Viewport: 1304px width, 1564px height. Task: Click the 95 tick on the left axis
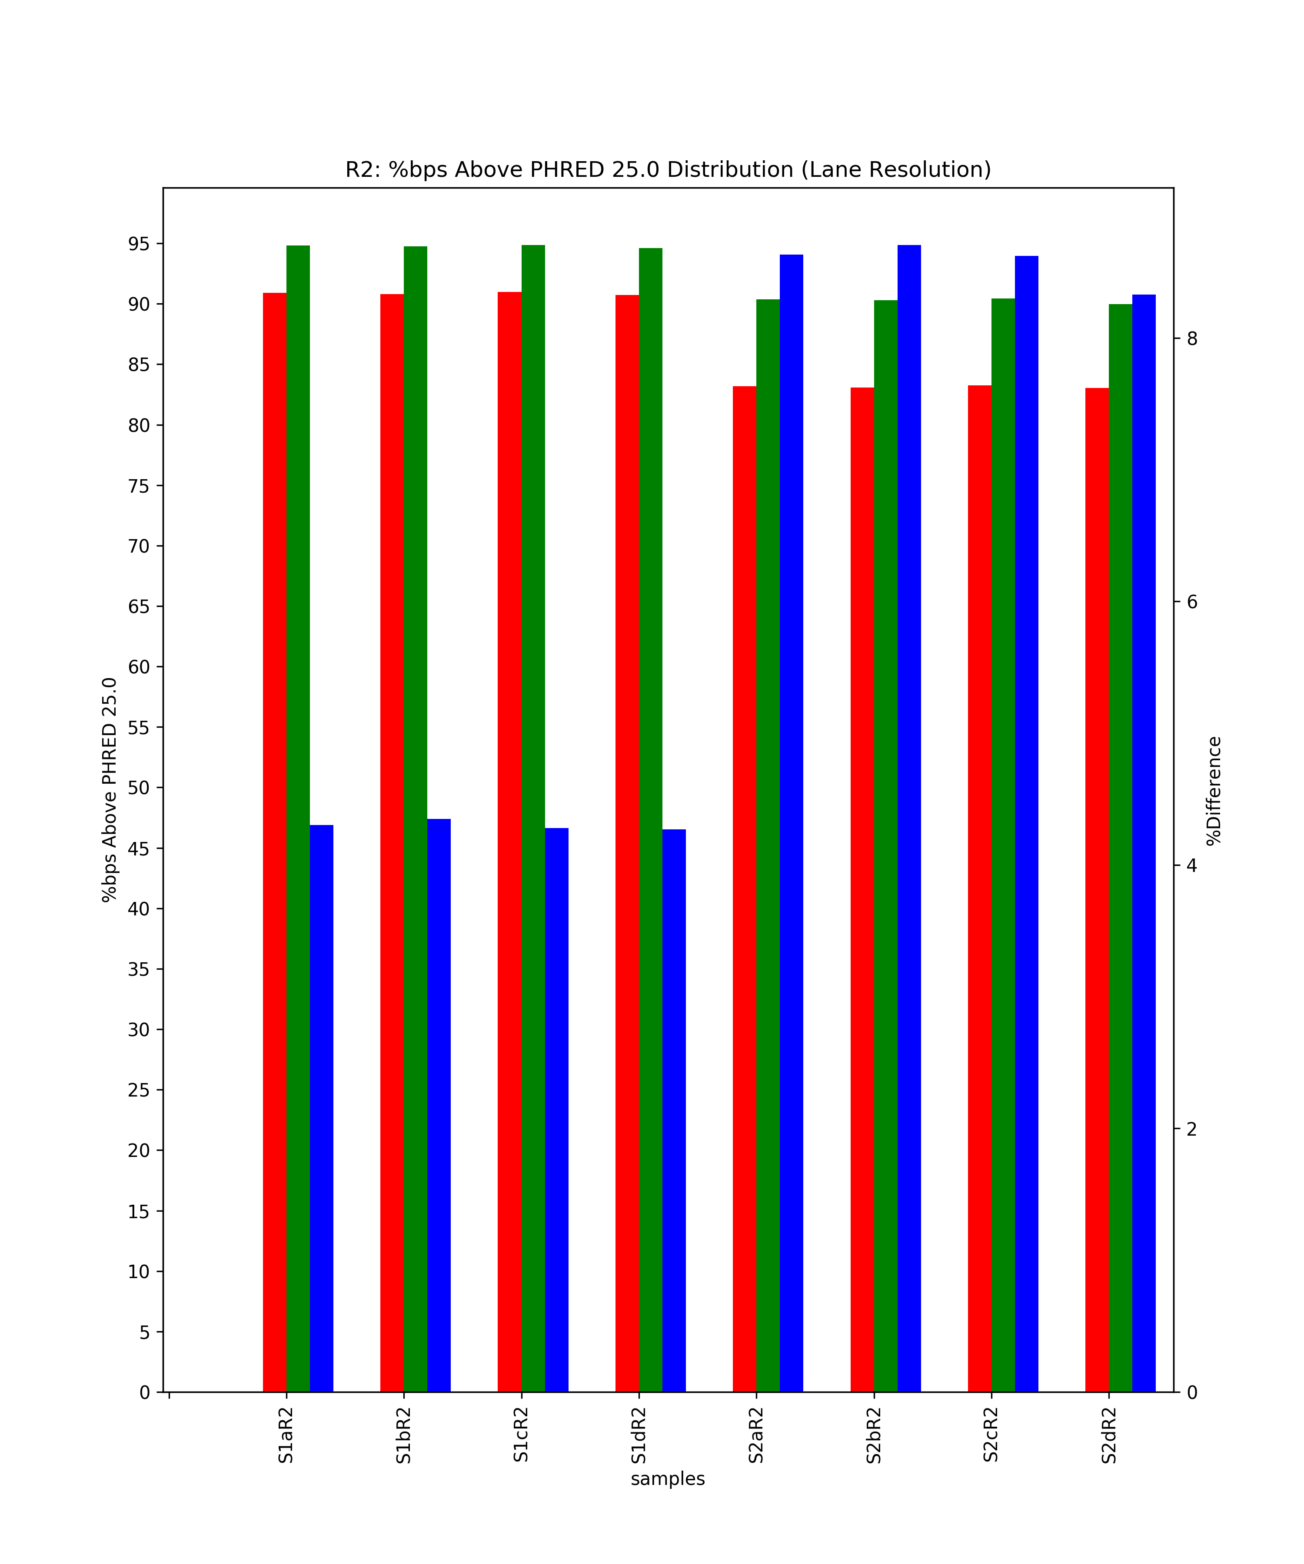click(140, 244)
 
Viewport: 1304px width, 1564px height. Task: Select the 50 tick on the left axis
click(140, 788)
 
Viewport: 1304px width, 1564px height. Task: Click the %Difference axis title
click(1214, 791)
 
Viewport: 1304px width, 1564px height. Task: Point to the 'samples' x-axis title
click(668, 1479)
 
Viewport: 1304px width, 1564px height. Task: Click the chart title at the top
click(668, 170)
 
